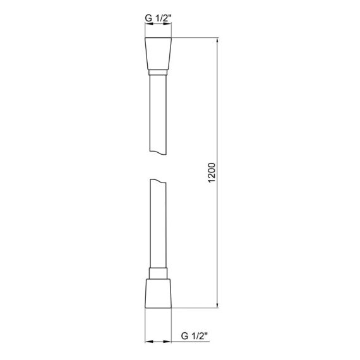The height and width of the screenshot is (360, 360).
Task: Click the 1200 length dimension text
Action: point(212,175)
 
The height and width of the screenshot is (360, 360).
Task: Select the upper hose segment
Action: point(158,114)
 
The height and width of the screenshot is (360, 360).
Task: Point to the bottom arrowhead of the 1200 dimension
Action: point(218,306)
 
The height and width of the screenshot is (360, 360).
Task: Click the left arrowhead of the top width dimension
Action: point(148,27)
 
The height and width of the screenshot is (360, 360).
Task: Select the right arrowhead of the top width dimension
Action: point(169,27)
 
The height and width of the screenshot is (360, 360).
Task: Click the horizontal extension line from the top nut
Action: point(196,39)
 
